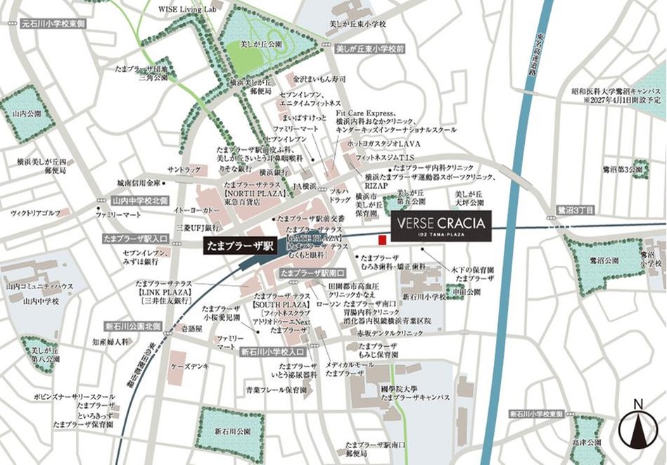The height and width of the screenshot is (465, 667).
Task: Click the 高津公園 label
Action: tap(588, 443)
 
